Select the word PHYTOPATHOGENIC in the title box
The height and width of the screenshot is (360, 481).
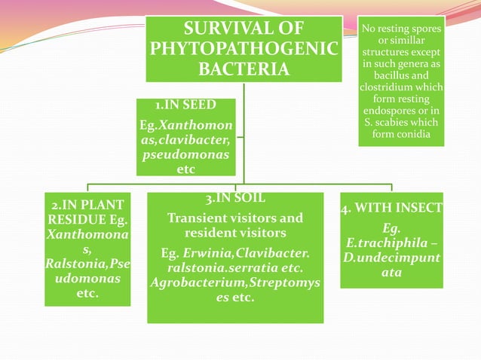click(x=243, y=50)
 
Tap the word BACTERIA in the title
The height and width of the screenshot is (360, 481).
click(x=243, y=70)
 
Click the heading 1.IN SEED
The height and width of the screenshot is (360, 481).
click(x=185, y=105)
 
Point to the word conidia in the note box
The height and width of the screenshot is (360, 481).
click(x=412, y=134)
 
